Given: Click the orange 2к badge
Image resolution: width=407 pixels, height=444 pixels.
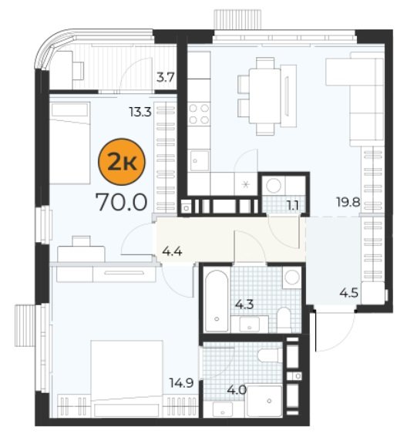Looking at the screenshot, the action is [x=122, y=162].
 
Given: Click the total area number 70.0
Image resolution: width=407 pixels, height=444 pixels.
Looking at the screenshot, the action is [x=122, y=202].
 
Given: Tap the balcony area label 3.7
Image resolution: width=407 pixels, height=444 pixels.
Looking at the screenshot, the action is [x=166, y=77].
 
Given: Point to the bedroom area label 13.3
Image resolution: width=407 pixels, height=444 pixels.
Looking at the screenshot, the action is [x=140, y=113].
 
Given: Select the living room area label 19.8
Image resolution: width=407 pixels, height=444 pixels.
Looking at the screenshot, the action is [x=348, y=202].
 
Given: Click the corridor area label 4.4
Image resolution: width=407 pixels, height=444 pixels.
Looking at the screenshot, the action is [x=172, y=251].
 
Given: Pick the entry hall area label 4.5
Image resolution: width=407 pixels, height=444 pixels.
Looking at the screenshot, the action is [x=349, y=292].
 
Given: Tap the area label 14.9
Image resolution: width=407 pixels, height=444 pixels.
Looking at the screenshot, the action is [x=182, y=383].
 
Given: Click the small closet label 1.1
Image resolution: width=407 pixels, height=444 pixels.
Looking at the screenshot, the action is [x=292, y=206].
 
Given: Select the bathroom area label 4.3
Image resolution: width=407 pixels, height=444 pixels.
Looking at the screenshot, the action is [x=244, y=304].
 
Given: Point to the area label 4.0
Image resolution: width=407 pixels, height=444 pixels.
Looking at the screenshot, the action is [x=237, y=390].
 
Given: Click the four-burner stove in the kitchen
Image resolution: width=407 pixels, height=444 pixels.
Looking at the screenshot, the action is [x=199, y=114].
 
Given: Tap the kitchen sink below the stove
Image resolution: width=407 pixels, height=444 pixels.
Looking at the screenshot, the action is [x=200, y=161].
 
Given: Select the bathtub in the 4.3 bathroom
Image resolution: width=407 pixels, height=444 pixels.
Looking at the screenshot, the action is [x=217, y=301].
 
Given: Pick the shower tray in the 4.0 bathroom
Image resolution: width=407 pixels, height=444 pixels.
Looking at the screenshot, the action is [x=264, y=401].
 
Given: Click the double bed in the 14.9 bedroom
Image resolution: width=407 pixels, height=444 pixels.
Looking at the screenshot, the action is [x=126, y=378].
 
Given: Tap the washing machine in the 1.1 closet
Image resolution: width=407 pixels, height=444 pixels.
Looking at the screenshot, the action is [x=274, y=186].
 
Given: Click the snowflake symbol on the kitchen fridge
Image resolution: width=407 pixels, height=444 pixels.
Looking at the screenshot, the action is [x=246, y=185].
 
